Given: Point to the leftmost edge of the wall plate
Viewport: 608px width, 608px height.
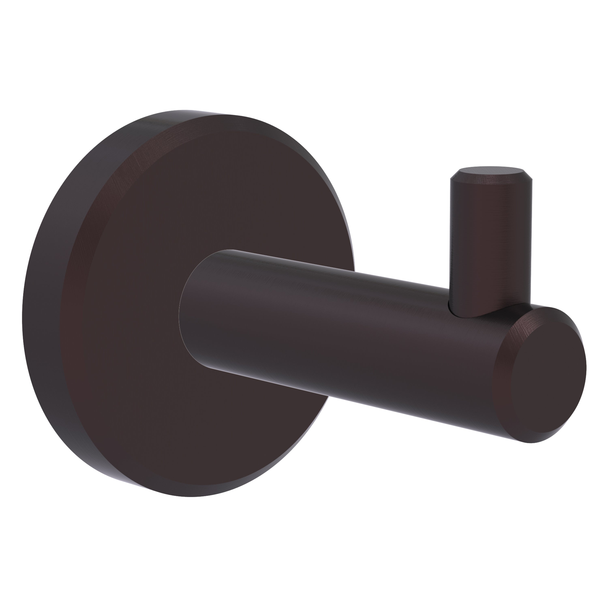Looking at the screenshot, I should point(23,302).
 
